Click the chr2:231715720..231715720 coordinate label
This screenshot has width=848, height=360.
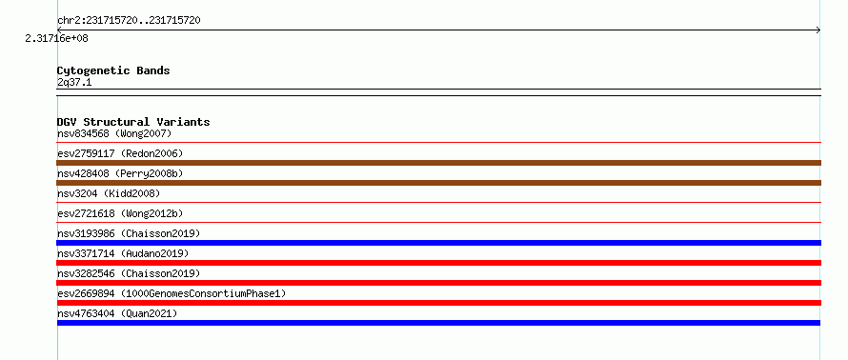129,21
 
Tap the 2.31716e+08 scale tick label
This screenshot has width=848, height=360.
57,38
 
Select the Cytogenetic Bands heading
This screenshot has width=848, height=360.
113,70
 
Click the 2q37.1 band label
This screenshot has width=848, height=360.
74,82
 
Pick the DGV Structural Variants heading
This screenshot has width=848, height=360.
133,122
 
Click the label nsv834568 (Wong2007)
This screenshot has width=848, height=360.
114,133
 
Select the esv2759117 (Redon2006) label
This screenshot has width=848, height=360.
120,153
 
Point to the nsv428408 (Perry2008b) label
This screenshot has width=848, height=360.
120,173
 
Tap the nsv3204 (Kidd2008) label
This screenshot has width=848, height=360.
109,193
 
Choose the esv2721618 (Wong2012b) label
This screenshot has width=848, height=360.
120,213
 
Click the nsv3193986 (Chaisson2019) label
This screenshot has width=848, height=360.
129,233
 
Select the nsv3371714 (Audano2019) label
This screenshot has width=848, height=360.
123,253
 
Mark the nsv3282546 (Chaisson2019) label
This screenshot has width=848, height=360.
129,273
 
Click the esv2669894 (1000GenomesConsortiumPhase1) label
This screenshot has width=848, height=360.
172,293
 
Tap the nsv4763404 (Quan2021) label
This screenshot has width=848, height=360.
117,313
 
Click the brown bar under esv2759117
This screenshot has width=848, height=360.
438,163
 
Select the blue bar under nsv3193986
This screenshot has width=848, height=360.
438,243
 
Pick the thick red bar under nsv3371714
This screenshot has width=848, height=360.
438,263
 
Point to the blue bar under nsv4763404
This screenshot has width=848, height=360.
438,323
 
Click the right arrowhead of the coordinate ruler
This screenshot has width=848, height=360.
819,30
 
